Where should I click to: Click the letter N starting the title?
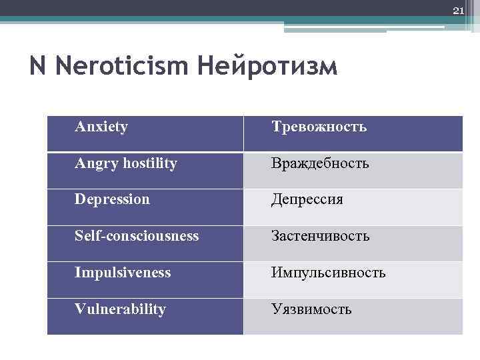coord(38,67)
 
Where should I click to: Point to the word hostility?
coord(147,163)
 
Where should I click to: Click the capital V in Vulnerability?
coord(80,309)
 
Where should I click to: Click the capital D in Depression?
coord(80,199)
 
